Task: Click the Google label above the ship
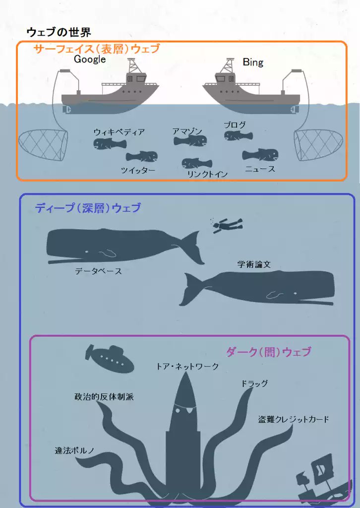tap(90, 59)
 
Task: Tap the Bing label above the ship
tap(253, 63)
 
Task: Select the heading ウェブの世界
tap(59, 33)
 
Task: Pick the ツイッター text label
tap(138, 171)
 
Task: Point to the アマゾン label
tap(187, 131)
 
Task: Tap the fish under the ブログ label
tap(238, 135)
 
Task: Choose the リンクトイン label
tap(207, 174)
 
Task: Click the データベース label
tap(98, 271)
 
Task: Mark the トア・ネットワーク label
tap(187, 367)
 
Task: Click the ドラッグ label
tap(254, 383)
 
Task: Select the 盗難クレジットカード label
tap(294, 419)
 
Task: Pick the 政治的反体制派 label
tap(104, 397)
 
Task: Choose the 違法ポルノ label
tap(74, 451)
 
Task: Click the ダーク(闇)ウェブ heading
tap(268, 352)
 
